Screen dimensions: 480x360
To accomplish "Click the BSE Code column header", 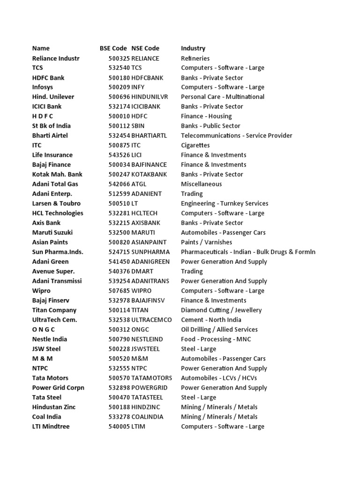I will [113, 48].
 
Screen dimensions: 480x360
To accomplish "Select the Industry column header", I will [193, 48].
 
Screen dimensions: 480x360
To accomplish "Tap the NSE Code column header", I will [145, 48].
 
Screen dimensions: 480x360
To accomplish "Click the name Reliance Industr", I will [56, 58].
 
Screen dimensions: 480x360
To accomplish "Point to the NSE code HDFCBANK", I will [147, 78].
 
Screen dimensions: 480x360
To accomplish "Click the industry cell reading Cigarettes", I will [195, 145].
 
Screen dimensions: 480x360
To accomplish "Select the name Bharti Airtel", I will [50, 135].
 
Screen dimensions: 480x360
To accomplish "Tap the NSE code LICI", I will [138, 155].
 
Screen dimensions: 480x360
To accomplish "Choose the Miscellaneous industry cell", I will [202, 184].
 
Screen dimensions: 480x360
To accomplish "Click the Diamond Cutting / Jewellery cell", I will [221, 310].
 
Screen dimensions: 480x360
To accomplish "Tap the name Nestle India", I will [50, 339].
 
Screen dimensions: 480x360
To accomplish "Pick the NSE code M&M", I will [139, 359].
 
